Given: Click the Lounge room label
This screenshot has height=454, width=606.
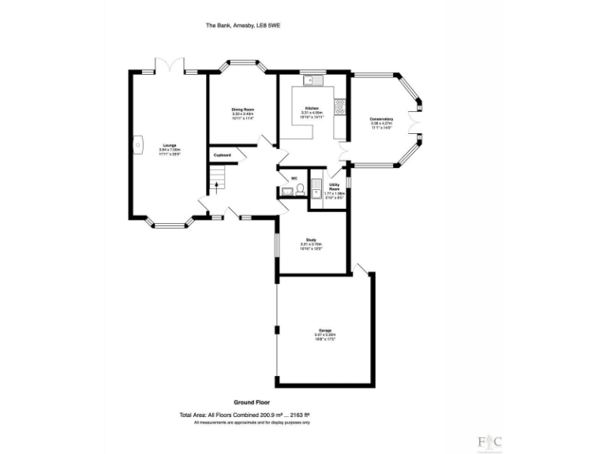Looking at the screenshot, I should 170,145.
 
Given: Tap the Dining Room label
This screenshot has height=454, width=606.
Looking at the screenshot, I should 242,110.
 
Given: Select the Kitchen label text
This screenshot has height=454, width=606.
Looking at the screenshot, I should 312,107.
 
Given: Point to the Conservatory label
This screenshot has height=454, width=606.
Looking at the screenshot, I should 382,120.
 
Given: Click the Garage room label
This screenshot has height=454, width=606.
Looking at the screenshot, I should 325,330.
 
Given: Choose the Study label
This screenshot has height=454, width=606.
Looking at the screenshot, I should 311,240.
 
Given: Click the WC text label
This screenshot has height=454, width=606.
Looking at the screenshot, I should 294,178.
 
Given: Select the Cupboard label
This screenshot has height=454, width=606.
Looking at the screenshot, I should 222,154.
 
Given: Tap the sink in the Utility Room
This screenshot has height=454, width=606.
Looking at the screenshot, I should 316,188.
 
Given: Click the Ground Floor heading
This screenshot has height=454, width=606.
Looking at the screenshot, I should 250,402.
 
